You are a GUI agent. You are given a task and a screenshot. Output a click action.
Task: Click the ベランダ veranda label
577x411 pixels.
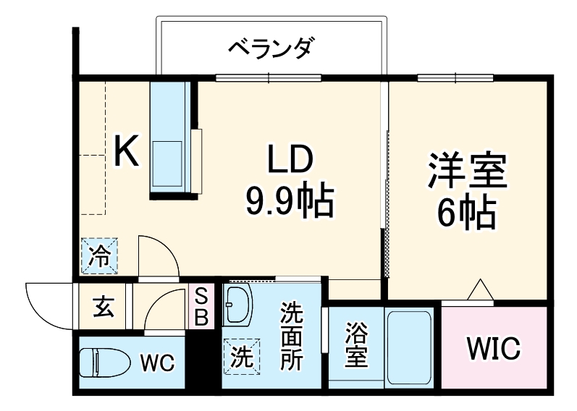tap(272, 49)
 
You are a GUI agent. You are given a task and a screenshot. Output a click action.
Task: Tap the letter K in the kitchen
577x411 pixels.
tap(127, 153)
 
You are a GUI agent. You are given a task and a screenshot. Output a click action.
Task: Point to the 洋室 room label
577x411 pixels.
tap(466, 171)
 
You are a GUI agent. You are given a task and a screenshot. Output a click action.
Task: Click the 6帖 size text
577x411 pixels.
tap(466, 213)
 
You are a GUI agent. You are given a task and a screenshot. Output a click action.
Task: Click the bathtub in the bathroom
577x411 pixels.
tap(410, 347)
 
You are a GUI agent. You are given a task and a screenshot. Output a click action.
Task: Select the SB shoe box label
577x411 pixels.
tap(202, 306)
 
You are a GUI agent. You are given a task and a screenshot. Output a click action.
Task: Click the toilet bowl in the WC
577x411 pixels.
tap(102, 361)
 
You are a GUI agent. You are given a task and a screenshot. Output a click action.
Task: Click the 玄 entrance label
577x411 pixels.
tap(102, 307)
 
